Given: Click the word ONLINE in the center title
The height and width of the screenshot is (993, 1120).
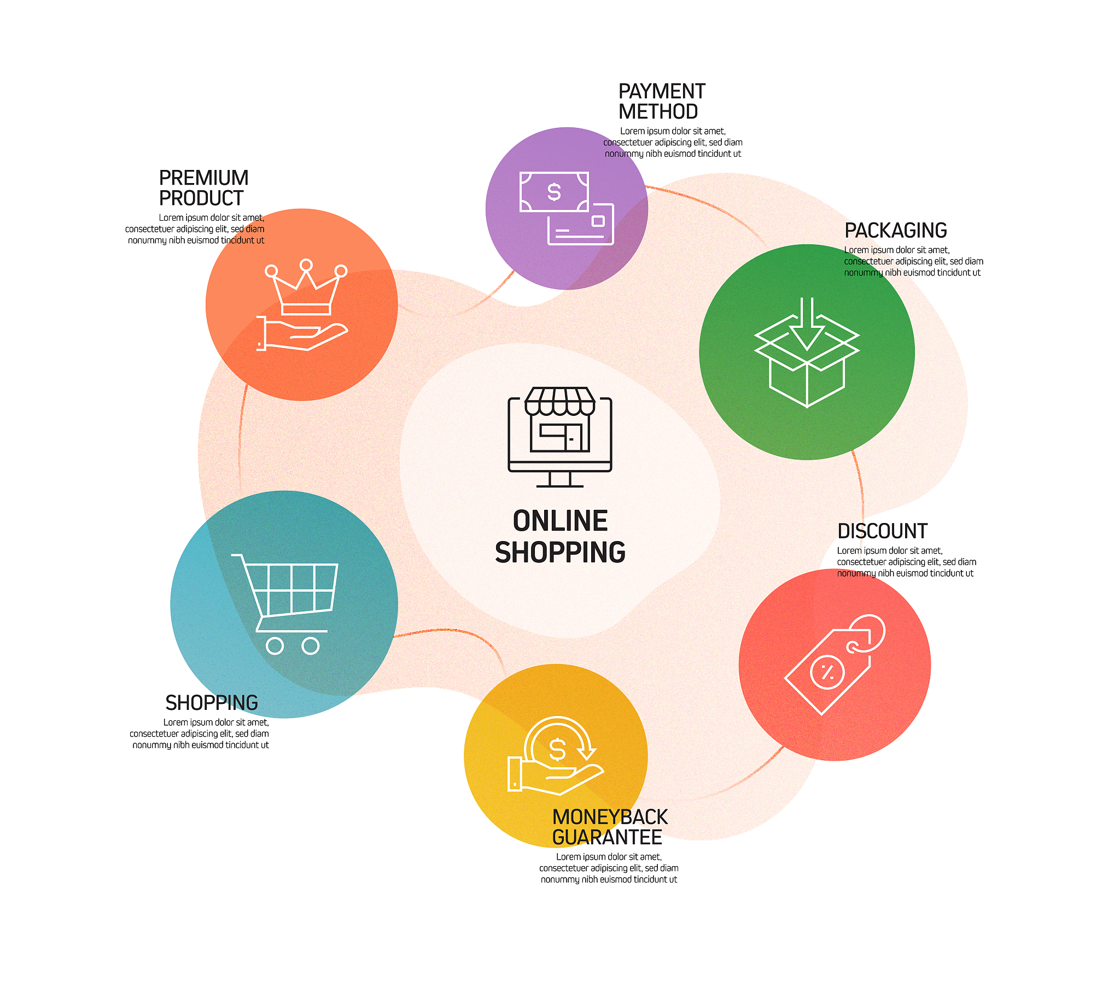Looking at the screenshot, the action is click(560, 521).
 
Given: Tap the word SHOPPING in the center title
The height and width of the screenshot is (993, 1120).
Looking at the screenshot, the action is click(560, 552).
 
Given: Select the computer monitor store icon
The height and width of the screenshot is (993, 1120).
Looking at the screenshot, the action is click(560, 437).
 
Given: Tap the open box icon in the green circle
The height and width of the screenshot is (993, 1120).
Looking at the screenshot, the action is click(807, 352).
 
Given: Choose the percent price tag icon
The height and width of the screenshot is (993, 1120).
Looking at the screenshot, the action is click(835, 665).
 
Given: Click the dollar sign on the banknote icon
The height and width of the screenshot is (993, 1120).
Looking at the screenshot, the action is click(554, 192).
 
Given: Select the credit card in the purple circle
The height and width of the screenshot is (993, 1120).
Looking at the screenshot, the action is click(581, 225).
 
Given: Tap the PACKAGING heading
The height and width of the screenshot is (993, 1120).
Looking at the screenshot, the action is click(895, 231).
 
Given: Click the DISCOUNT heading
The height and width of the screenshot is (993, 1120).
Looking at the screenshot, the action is click(882, 531).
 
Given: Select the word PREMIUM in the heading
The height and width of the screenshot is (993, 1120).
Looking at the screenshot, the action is click(203, 178).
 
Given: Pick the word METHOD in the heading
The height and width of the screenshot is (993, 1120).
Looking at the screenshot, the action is click(658, 111).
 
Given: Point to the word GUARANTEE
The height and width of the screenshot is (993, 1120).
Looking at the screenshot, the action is click(607, 837).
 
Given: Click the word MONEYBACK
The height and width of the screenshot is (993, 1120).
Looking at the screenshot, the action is click(610, 817).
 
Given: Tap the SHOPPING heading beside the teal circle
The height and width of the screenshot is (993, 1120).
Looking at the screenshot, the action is click(212, 703).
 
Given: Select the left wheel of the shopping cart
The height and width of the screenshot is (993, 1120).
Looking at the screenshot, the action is click(275, 646).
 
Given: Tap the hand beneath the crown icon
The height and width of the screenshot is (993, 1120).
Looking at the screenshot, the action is click(302, 333).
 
